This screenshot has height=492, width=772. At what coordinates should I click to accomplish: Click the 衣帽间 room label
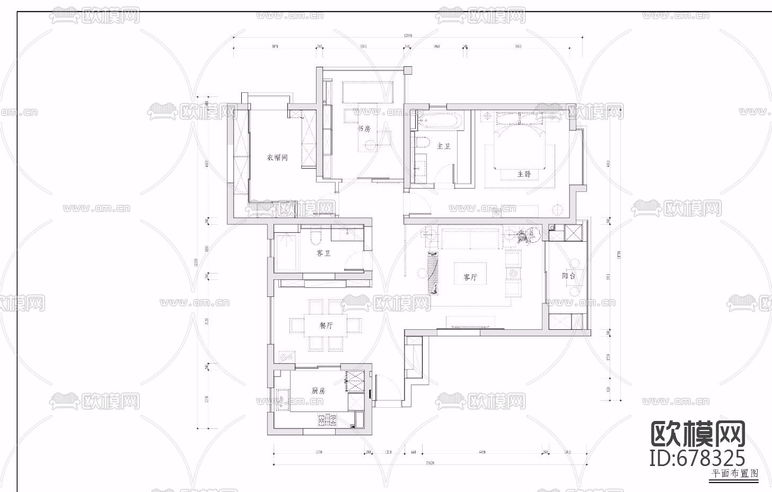[277, 157]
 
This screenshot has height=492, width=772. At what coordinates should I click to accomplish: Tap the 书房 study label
[364, 129]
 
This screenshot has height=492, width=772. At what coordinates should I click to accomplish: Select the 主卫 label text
[443, 146]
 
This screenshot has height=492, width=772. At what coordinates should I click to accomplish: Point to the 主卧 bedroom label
[524, 174]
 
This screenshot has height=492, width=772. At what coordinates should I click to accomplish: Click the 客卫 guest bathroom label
[323, 253]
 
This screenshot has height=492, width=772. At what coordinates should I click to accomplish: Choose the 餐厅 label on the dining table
[326, 326]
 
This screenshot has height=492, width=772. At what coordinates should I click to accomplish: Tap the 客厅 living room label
[470, 277]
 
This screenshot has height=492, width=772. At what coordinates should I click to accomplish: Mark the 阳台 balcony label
[569, 276]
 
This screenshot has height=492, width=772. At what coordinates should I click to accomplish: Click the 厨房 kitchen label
[318, 391]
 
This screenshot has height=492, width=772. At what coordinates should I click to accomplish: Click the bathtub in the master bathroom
[440, 120]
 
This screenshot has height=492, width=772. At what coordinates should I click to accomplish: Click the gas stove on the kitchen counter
[328, 420]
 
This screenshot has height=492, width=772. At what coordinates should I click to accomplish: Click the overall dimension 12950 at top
[408, 36]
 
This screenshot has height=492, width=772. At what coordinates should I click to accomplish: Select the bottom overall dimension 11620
[429, 463]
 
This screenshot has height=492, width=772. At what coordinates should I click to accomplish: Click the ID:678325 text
[697, 457]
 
